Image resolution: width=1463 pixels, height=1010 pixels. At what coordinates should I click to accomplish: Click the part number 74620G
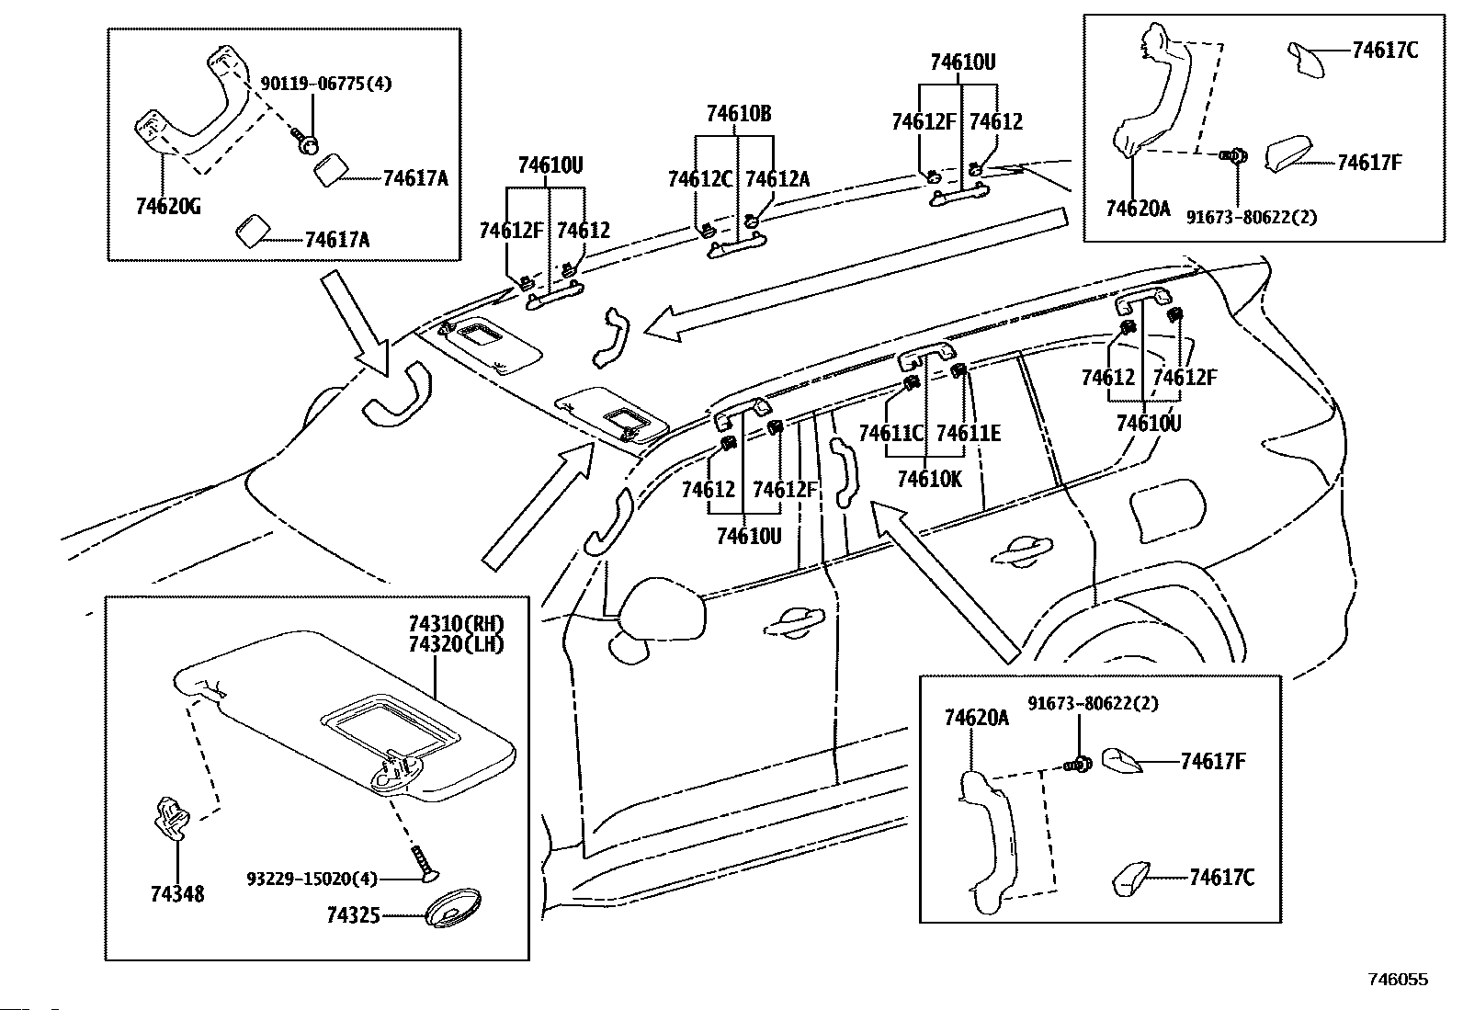point(168,207)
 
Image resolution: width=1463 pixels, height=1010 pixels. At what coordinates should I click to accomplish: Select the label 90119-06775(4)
point(326,84)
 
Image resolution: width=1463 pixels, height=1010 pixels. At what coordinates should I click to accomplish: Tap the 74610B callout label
point(739,114)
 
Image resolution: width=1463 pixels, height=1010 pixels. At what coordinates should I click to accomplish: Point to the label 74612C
point(700,179)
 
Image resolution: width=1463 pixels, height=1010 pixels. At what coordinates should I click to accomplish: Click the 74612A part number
point(777,179)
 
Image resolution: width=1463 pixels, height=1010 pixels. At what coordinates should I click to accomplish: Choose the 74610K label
point(929,480)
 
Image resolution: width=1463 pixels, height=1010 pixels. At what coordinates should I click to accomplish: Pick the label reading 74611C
point(891,433)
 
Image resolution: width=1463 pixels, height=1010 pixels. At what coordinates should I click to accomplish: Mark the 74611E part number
point(969,433)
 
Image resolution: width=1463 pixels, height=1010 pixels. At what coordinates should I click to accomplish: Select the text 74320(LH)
point(458,644)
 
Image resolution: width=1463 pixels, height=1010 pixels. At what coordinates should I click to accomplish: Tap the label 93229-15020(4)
point(312,879)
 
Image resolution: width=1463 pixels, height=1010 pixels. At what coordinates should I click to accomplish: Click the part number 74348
point(177,893)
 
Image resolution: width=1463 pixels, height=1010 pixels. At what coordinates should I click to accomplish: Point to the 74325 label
point(353,916)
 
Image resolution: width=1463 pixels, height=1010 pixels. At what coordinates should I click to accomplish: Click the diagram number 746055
point(1399,980)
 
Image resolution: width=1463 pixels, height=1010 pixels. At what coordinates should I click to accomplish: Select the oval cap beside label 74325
point(455,907)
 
